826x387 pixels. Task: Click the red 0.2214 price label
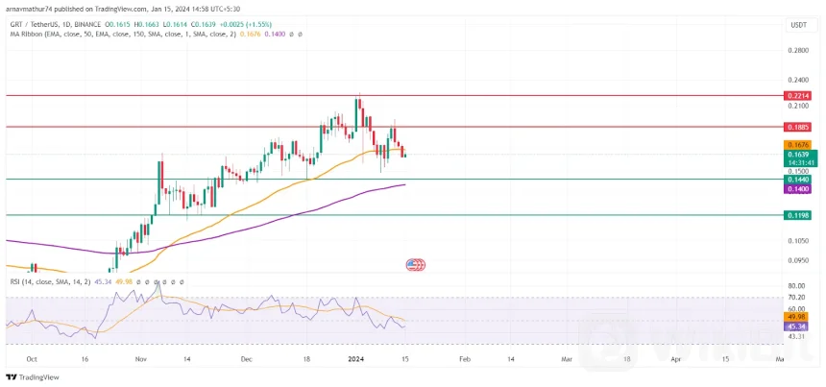[798, 96]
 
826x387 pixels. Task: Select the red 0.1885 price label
[798, 127]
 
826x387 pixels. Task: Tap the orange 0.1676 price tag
[798, 145]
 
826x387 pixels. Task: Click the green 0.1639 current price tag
[798, 155]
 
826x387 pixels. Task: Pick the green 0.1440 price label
[798, 180]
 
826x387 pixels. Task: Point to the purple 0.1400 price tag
[798, 189]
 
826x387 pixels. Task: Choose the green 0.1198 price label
[798, 216]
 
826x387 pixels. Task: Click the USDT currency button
[798, 25]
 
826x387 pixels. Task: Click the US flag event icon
[415, 264]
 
